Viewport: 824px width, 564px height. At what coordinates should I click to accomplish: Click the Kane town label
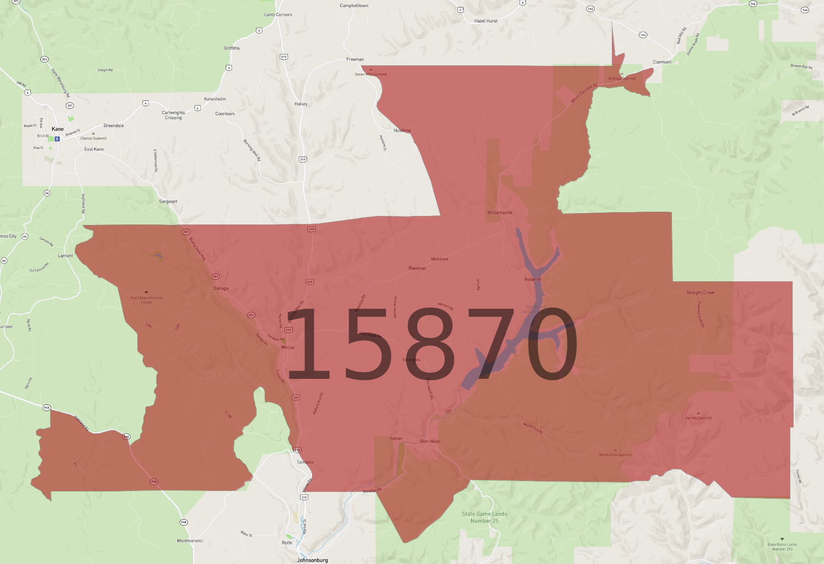[57, 129]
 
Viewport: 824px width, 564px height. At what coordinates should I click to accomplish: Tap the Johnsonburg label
[312, 560]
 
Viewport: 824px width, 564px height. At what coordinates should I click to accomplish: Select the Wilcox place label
[287, 348]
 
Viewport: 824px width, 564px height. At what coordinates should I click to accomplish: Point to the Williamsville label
[500, 213]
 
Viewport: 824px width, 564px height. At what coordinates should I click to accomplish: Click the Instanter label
[533, 279]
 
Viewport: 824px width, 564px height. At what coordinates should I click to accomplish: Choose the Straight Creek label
[700, 293]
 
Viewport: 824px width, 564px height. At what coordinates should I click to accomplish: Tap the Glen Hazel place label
[430, 441]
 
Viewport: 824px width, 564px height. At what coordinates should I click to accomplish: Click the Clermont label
[662, 62]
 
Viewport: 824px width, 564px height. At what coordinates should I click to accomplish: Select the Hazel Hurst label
[486, 21]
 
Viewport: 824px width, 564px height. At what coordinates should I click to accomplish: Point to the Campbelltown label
[354, 6]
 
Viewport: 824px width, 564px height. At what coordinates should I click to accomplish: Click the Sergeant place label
[168, 202]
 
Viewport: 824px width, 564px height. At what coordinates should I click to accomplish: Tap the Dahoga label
[221, 288]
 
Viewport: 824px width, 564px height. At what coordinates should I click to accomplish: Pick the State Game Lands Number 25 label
[484, 517]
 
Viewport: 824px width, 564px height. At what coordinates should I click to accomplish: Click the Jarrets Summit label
[699, 418]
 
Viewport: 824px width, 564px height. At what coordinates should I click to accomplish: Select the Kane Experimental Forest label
[146, 300]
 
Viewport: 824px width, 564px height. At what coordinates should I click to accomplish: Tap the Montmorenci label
[190, 541]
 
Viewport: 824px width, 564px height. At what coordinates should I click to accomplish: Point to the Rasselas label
[417, 269]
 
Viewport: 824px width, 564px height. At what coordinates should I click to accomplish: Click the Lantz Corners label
[278, 15]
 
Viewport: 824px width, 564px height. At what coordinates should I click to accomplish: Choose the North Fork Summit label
[615, 455]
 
